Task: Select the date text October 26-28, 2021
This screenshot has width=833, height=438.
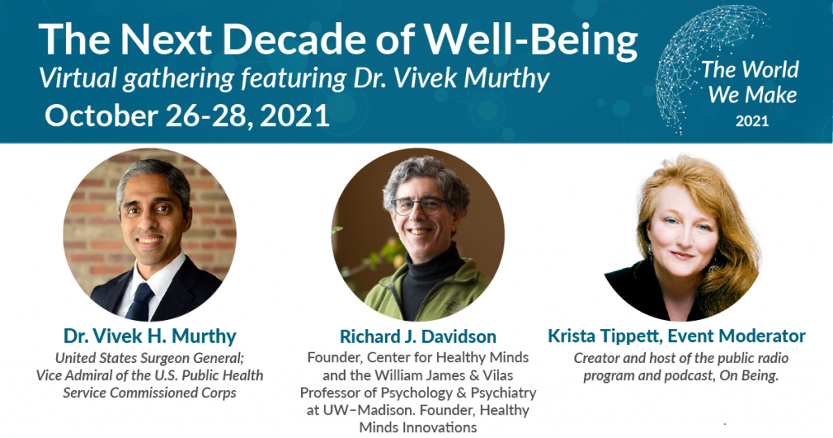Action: coord(187,116)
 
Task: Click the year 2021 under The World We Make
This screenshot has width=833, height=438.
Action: coord(752,121)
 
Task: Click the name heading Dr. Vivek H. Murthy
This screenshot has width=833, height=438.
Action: coord(150,336)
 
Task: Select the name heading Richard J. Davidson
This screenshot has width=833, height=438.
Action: coord(418,336)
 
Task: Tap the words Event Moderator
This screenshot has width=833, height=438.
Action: coord(737,336)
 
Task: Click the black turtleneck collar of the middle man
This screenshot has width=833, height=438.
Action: coord(430,265)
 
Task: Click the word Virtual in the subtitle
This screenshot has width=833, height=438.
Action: coord(79,78)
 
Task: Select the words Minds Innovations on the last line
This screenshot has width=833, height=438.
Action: coord(418,427)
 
